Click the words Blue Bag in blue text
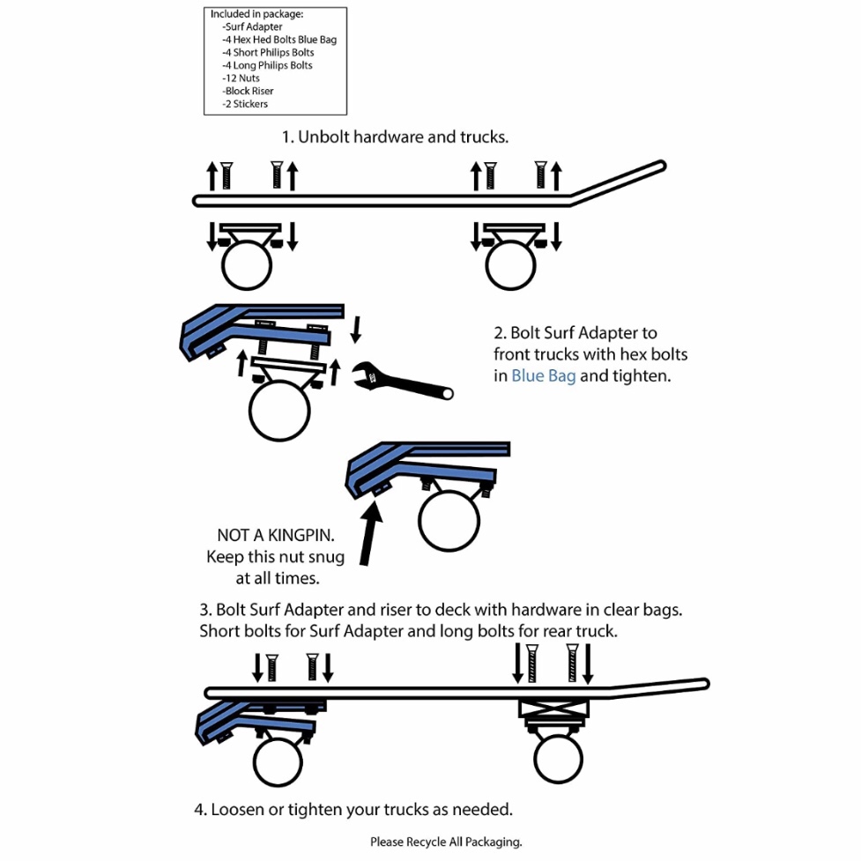[x=543, y=375]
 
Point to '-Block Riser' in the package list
[x=249, y=91]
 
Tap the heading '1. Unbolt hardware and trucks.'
[x=395, y=137]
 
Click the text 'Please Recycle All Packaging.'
[x=446, y=842]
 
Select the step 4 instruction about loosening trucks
[x=353, y=808]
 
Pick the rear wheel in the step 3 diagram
[x=559, y=759]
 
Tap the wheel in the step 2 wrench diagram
[x=279, y=412]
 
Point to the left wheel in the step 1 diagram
[x=246, y=266]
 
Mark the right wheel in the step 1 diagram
[x=511, y=266]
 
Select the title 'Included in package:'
[x=256, y=14]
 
